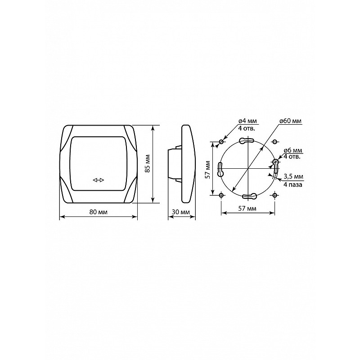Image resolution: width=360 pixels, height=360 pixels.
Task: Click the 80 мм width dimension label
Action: coord(98,212)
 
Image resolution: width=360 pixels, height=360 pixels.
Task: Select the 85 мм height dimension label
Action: coord(148,163)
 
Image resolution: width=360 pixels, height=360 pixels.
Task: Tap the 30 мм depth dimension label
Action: coord(181,212)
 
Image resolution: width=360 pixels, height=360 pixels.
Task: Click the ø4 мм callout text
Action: coord(247,121)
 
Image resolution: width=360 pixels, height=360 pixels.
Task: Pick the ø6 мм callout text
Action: coord(293,151)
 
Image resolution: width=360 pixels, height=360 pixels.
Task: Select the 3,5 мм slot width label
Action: coord(293,176)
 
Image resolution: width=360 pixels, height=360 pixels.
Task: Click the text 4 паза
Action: coord(293,184)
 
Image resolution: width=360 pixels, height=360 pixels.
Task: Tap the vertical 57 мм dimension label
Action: coord(207,169)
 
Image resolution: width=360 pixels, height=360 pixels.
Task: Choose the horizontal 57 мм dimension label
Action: coord(247,208)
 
